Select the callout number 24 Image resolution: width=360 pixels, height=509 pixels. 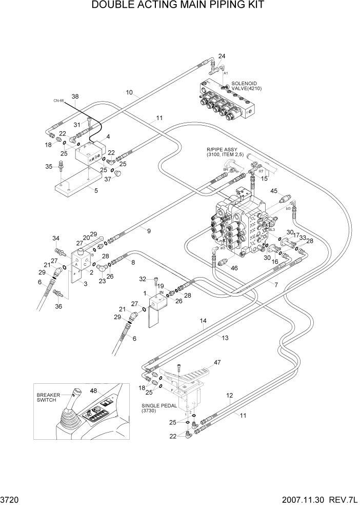[x=222, y=56]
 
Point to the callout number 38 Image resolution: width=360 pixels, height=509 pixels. [x=75, y=96]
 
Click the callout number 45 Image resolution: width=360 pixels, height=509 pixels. [x=274, y=191]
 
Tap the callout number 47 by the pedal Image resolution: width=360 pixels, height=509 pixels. [x=217, y=363]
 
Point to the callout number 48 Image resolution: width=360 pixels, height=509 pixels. [x=93, y=390]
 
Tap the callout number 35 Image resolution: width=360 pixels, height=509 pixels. [x=49, y=167]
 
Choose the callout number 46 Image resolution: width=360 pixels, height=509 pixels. [x=235, y=268]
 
